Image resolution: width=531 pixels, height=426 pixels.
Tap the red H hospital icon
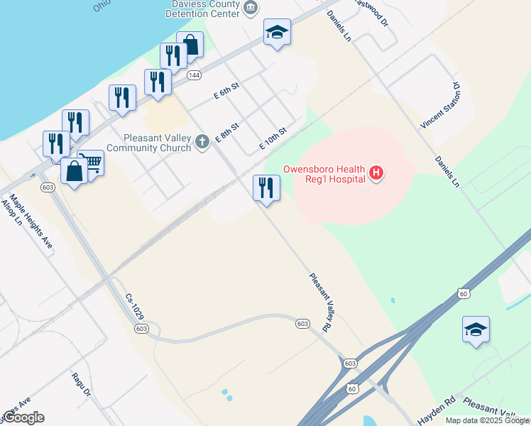(x=376, y=172)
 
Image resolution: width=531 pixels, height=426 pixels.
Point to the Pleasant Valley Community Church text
(x=149, y=143)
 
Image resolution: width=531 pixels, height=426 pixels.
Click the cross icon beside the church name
(x=202, y=142)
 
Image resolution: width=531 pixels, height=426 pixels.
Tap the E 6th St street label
(x=228, y=93)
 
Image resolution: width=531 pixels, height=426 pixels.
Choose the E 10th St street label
(x=273, y=138)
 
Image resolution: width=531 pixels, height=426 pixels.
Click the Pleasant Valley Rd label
(x=320, y=302)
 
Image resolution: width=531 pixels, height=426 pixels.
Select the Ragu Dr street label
(x=82, y=384)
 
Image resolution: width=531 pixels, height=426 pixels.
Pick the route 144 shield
(x=193, y=75)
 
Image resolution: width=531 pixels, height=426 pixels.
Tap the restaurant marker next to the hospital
(x=266, y=188)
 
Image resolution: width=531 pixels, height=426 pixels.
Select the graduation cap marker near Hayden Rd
(x=476, y=329)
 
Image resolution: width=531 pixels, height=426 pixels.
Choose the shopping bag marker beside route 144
(x=190, y=45)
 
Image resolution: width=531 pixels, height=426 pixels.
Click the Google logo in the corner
(x=23, y=417)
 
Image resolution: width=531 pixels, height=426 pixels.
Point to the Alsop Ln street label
(x=9, y=212)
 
